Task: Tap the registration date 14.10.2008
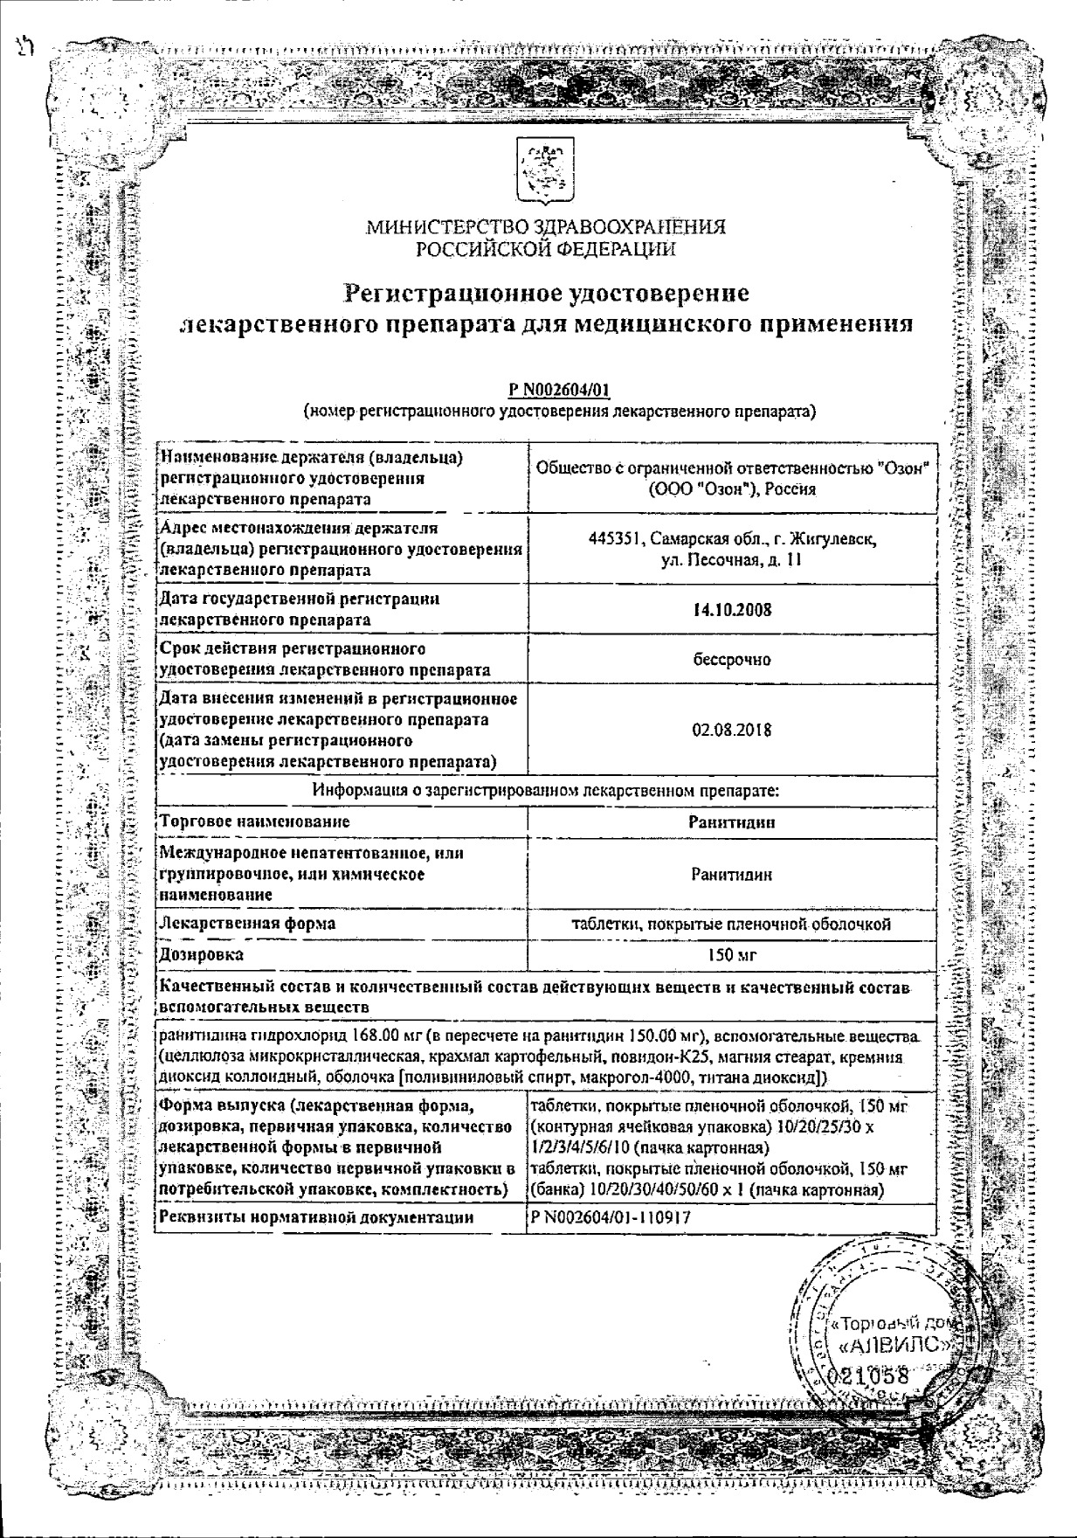pyautogui.click(x=731, y=610)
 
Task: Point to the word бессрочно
pyautogui.click(x=731, y=659)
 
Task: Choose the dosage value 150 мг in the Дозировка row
pyautogui.click(x=731, y=955)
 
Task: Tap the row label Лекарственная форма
pyautogui.click(x=247, y=924)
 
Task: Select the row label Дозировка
pyautogui.click(x=201, y=954)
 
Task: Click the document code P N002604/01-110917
pyautogui.click(x=602, y=1216)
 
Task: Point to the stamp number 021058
pyautogui.click(x=874, y=1375)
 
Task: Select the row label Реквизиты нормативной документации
pyautogui.click(x=317, y=1216)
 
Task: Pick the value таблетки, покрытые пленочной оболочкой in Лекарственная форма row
pyautogui.click(x=731, y=924)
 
